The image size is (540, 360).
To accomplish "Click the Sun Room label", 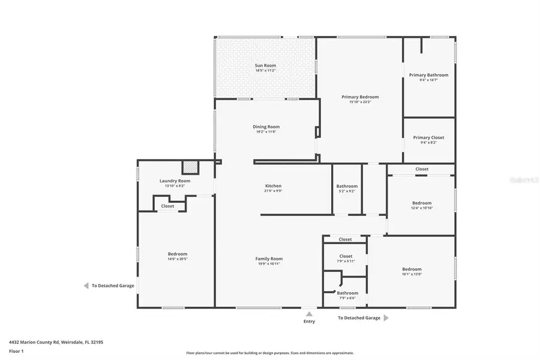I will [x=265, y=65].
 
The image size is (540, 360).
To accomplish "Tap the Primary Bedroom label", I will [x=360, y=97].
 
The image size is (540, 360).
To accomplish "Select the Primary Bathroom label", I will [x=428, y=75].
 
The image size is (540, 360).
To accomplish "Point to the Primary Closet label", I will [x=428, y=137].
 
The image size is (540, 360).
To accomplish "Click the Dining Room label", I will [x=266, y=127].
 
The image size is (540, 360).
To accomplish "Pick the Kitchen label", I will [x=273, y=186].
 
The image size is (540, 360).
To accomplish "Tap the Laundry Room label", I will [x=175, y=181].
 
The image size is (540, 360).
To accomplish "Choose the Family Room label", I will [x=269, y=259].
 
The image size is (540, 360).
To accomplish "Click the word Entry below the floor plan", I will [x=308, y=322].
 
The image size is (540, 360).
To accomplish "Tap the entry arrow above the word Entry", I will [x=308, y=313].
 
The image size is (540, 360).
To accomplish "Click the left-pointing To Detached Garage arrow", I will [x=86, y=286].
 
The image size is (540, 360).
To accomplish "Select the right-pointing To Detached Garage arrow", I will [x=386, y=317].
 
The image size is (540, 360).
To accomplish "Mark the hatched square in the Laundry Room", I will [x=190, y=166].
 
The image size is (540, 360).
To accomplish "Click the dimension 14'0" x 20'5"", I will [x=178, y=259].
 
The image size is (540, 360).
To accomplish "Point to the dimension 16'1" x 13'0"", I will [x=412, y=274].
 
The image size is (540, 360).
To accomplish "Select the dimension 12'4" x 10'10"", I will [x=421, y=208].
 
